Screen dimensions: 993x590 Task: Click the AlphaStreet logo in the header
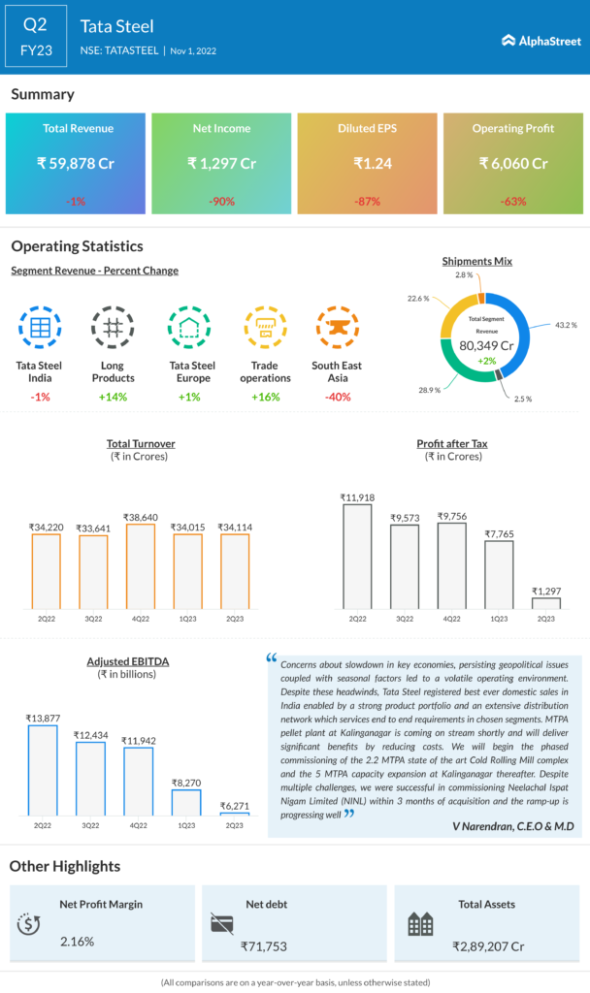point(541,41)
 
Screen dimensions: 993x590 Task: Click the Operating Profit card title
point(512,129)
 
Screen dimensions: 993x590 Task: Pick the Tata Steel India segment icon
point(41,328)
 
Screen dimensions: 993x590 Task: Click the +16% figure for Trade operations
point(265,397)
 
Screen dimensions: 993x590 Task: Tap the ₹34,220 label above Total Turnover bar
point(46,528)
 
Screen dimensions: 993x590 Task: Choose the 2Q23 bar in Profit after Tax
point(546,603)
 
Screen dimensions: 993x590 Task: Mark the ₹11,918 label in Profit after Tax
point(357,497)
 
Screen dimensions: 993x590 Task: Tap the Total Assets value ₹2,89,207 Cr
point(488,945)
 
